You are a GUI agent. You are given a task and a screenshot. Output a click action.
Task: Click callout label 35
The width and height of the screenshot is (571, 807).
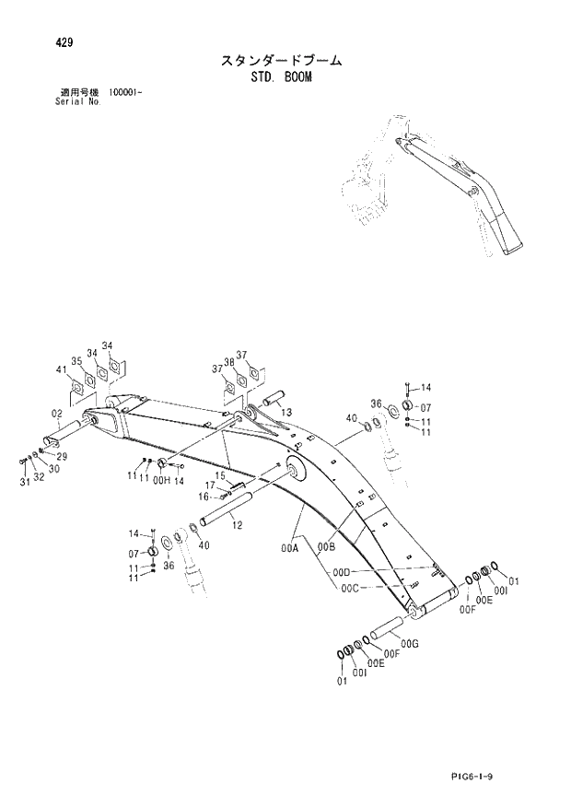click(77, 361)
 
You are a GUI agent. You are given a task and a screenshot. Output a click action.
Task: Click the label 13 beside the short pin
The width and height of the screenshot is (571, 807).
click(286, 411)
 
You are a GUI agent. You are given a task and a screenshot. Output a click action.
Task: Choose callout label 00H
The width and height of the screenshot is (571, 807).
click(160, 481)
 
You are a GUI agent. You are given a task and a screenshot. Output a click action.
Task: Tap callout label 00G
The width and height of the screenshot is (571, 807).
click(411, 642)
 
